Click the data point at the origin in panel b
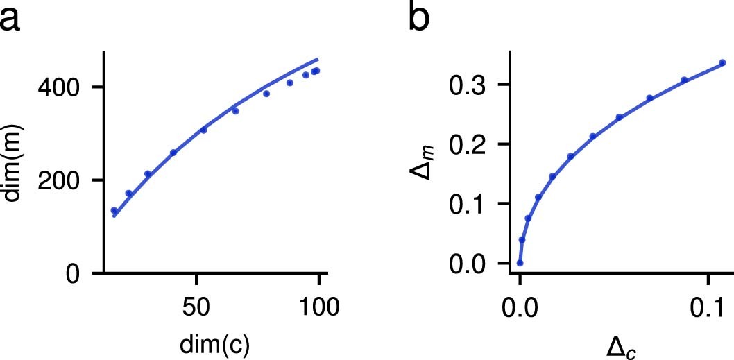click(520, 263)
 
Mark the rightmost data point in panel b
click(722, 62)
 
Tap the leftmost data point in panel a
click(114, 211)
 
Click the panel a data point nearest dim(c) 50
click(203, 130)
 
